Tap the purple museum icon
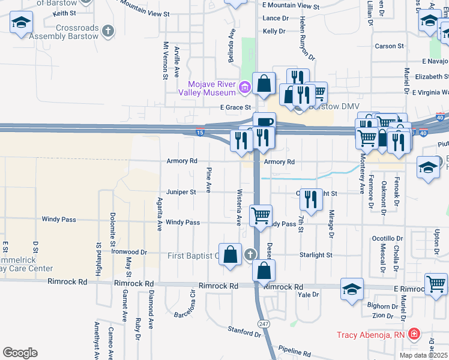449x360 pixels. [244, 89]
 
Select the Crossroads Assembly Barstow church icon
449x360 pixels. [108, 31]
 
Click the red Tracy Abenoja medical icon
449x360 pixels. [414, 334]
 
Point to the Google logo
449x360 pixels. [20, 353]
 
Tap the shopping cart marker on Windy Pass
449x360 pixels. [261, 215]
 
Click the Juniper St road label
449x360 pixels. [181, 192]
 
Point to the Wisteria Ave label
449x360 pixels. [238, 207]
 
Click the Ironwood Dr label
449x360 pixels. [128, 253]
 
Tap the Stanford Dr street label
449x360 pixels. [244, 331]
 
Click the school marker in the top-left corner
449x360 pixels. [22, 23]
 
